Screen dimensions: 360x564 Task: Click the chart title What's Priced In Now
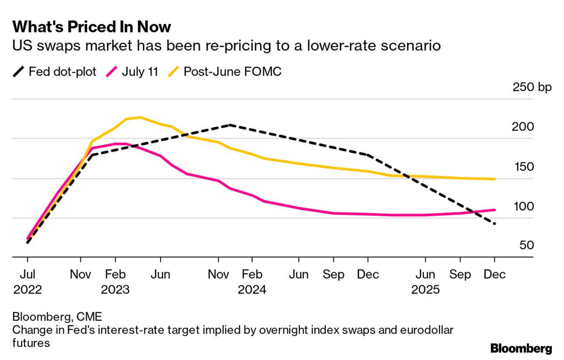pos(92,27)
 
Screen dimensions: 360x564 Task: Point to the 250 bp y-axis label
pos(533,87)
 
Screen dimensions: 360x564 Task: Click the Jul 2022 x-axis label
pos(28,282)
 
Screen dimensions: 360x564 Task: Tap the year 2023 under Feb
pos(115,290)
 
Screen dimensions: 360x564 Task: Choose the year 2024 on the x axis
pos(252,290)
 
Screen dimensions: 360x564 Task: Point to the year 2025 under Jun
pos(425,290)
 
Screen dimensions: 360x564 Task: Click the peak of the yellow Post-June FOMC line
pos(140,117)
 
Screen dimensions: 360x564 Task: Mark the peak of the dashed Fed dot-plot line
pos(230,125)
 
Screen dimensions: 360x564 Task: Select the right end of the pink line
pos(495,210)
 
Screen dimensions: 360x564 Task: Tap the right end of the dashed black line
pos(495,224)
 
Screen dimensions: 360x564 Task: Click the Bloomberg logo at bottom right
pos(521,348)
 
